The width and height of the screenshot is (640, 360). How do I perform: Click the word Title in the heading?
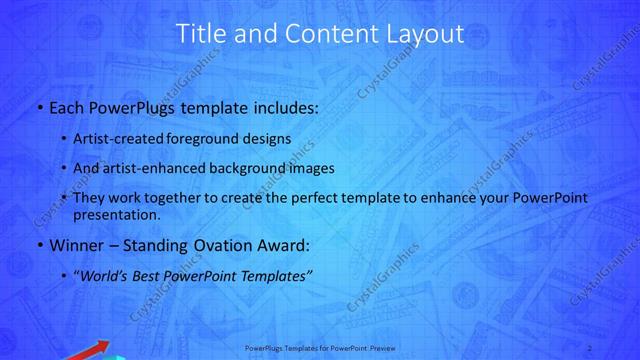point(199,34)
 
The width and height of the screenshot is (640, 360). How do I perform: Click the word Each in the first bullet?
point(65,106)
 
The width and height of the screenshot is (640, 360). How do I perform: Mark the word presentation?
point(114,214)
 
